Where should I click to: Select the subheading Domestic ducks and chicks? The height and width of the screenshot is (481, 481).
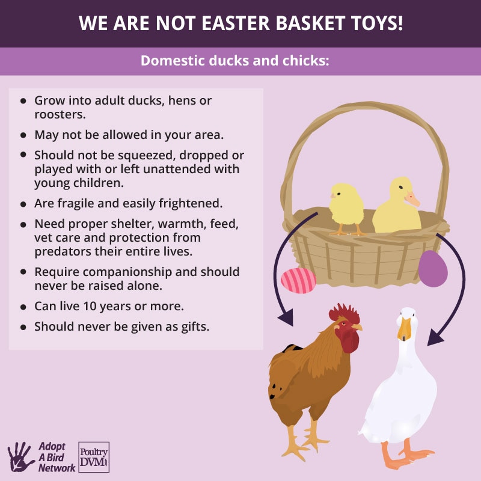pos(235,61)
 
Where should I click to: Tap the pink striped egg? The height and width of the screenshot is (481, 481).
pos(298,280)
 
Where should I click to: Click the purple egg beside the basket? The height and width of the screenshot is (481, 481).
pos(433,268)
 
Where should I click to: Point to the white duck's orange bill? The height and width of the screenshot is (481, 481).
pos(405,328)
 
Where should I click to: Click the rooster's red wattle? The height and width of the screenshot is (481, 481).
pos(349,341)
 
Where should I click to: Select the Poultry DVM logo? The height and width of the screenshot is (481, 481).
pos(94,457)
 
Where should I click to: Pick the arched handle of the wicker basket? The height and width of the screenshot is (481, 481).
pos(367,114)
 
